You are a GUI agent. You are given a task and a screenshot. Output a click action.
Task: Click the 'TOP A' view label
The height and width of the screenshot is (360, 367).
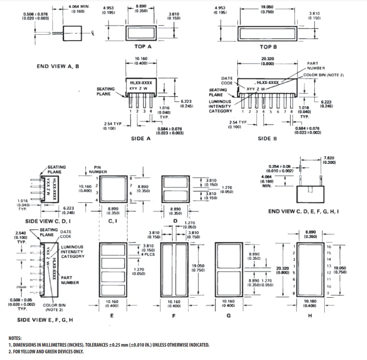click(x=143, y=46)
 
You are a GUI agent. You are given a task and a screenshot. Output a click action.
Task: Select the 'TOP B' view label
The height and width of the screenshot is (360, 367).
click(x=268, y=46)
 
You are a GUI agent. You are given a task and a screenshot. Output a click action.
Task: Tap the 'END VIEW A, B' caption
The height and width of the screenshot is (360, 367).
click(x=58, y=66)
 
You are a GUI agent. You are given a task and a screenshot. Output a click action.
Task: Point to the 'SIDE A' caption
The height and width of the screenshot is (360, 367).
click(x=140, y=139)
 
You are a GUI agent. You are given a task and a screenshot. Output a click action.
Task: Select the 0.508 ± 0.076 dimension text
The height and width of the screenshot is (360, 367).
click(x=36, y=16)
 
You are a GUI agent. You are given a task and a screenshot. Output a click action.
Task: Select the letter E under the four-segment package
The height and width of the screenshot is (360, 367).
click(x=111, y=315)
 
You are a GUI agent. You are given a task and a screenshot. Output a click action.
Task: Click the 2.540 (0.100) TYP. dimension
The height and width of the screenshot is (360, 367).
click(x=20, y=236)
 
